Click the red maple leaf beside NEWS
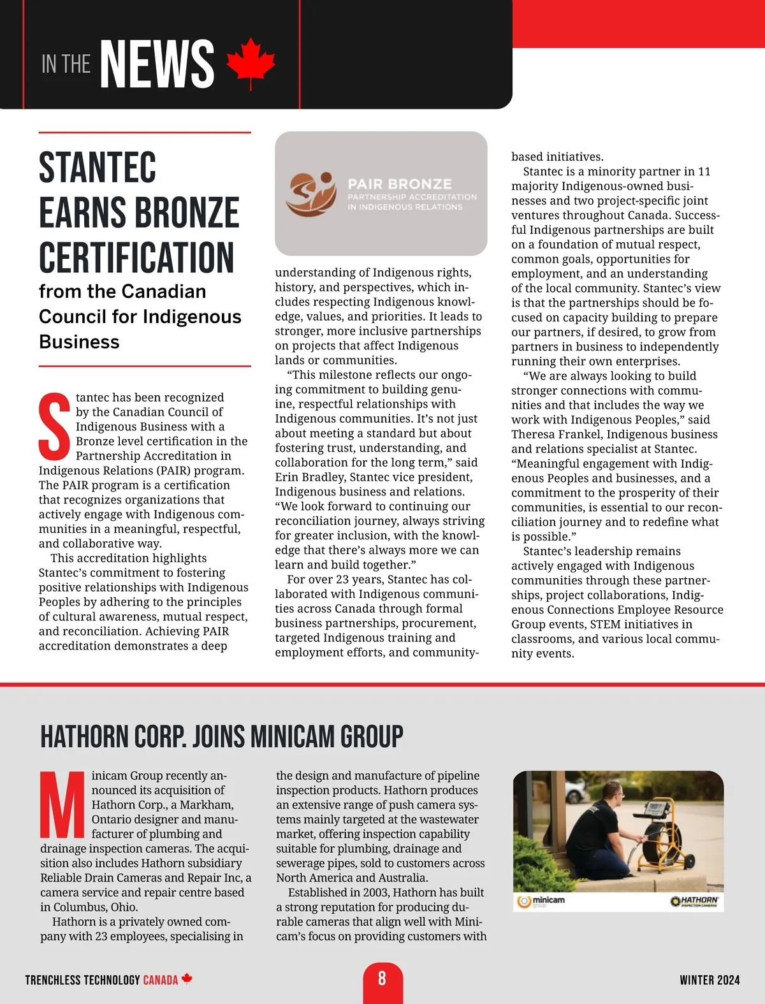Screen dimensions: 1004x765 pyautogui.click(x=251, y=63)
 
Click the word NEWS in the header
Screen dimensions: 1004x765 pyautogui.click(x=157, y=64)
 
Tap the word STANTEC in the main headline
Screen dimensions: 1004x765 pyautogui.click(x=98, y=168)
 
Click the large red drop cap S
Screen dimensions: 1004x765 pyautogui.click(x=55, y=426)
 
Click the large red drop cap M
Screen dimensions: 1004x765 pyautogui.click(x=62, y=804)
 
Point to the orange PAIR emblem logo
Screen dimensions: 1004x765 pyautogui.click(x=310, y=193)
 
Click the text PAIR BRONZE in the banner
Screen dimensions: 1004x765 pyautogui.click(x=400, y=184)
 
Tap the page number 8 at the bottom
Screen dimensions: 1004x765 pyautogui.click(x=382, y=979)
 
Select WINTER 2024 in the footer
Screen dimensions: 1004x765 pyautogui.click(x=710, y=980)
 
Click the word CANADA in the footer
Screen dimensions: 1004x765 pyautogui.click(x=160, y=980)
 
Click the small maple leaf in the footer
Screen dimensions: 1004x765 pyautogui.click(x=187, y=979)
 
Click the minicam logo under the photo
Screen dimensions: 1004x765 pyautogui.click(x=542, y=901)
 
